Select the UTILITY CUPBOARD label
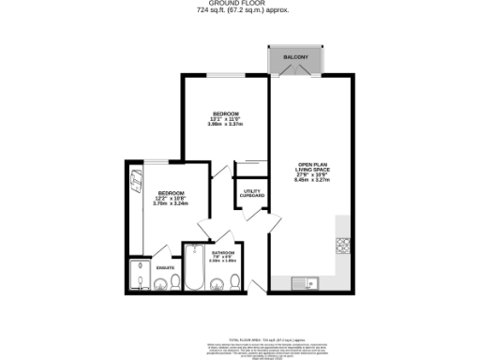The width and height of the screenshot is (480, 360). tap(253, 193)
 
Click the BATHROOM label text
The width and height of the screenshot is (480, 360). tap(222, 255)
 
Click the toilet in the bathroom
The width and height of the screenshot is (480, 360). tap(238, 283)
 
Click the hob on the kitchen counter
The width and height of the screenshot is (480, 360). tap(343, 246)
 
